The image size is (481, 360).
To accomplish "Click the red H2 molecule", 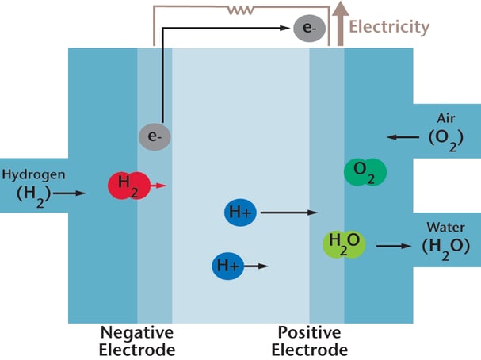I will click(x=128, y=186).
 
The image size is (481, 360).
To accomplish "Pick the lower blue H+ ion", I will click(x=227, y=266).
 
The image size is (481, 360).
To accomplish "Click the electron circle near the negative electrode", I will click(x=154, y=137).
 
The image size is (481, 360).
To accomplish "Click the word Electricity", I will click(x=389, y=27).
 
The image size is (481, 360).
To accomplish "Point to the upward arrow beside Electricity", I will click(x=340, y=23).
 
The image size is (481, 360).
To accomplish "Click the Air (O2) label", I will click(x=441, y=129).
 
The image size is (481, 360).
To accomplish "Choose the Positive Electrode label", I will click(x=309, y=341).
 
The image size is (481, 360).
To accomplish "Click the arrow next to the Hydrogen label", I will click(x=70, y=193).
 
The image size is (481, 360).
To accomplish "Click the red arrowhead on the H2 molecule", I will click(x=161, y=186).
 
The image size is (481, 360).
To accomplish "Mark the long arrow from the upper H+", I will click(x=288, y=213).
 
